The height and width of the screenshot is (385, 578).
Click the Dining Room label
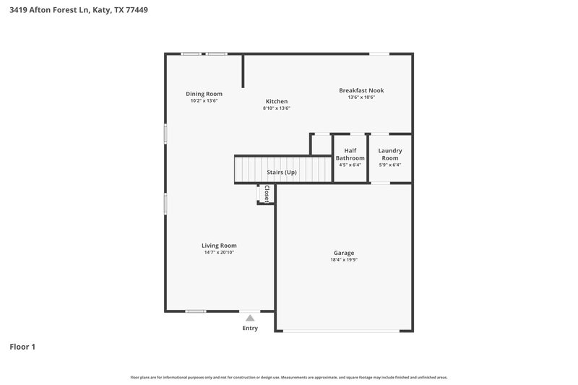pyautogui.click(x=204, y=94)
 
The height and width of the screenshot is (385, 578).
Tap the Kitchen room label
pyautogui.click(x=276, y=101)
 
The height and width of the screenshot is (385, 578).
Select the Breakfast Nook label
pyautogui.click(x=361, y=90)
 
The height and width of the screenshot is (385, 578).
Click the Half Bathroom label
pyautogui.click(x=350, y=154)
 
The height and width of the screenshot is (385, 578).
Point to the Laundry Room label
pyautogui.click(x=390, y=154)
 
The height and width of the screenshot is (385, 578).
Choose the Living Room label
pyautogui.click(x=219, y=246)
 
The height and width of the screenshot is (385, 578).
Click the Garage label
pyautogui.click(x=344, y=253)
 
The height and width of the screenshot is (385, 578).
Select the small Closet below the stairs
pyautogui.click(x=265, y=194)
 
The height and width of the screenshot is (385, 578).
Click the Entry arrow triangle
pyautogui.click(x=250, y=318)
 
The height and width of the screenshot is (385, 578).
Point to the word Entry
pyautogui.click(x=250, y=329)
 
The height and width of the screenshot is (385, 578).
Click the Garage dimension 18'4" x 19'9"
pyautogui.click(x=344, y=260)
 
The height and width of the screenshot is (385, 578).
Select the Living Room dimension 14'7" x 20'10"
pyautogui.click(x=219, y=253)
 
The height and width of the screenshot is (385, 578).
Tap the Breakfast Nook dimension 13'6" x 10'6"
pyautogui.click(x=361, y=98)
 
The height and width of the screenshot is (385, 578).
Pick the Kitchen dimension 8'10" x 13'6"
pyautogui.click(x=276, y=108)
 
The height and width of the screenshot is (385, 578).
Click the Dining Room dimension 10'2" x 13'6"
pyautogui.click(x=204, y=101)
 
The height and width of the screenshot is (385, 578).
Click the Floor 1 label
pyautogui.click(x=22, y=347)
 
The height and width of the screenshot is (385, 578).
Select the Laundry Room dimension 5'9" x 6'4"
pyautogui.click(x=390, y=165)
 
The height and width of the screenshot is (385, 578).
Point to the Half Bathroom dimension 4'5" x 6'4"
pyautogui.click(x=350, y=165)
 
